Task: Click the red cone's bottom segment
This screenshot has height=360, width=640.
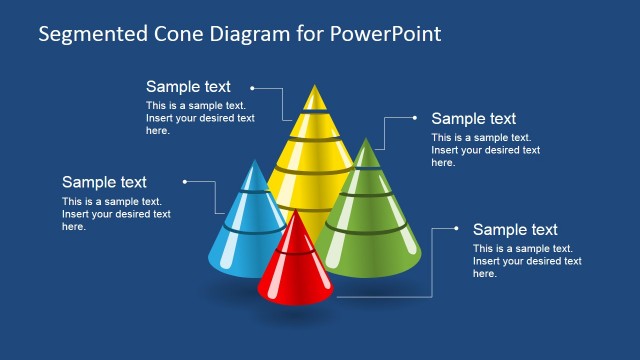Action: coord(295,280)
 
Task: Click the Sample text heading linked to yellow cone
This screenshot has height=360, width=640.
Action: coord(188,87)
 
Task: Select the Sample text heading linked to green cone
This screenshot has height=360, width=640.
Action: coord(473,119)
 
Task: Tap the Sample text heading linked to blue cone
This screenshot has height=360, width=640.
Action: coord(104,182)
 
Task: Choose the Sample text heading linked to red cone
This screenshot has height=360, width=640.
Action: coord(515,230)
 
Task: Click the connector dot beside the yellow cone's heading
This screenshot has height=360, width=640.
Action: coord(253,87)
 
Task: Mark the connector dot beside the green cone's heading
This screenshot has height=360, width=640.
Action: coord(415,117)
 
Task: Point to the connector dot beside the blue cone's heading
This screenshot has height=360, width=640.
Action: coord(185,181)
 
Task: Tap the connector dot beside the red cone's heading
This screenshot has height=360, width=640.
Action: coord(457,228)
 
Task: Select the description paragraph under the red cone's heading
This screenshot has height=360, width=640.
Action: coord(527,261)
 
